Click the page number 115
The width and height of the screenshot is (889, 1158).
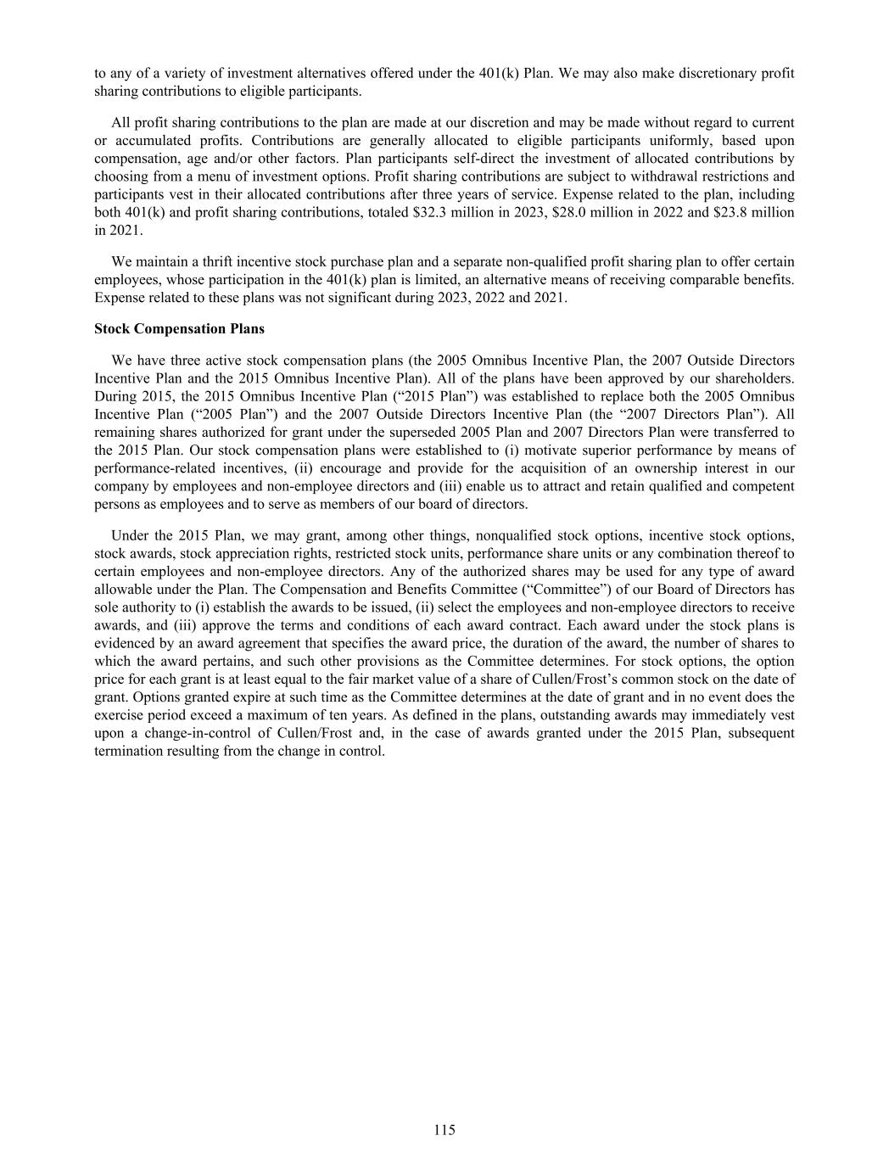click(444, 1129)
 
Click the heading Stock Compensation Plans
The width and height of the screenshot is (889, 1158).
click(179, 328)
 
